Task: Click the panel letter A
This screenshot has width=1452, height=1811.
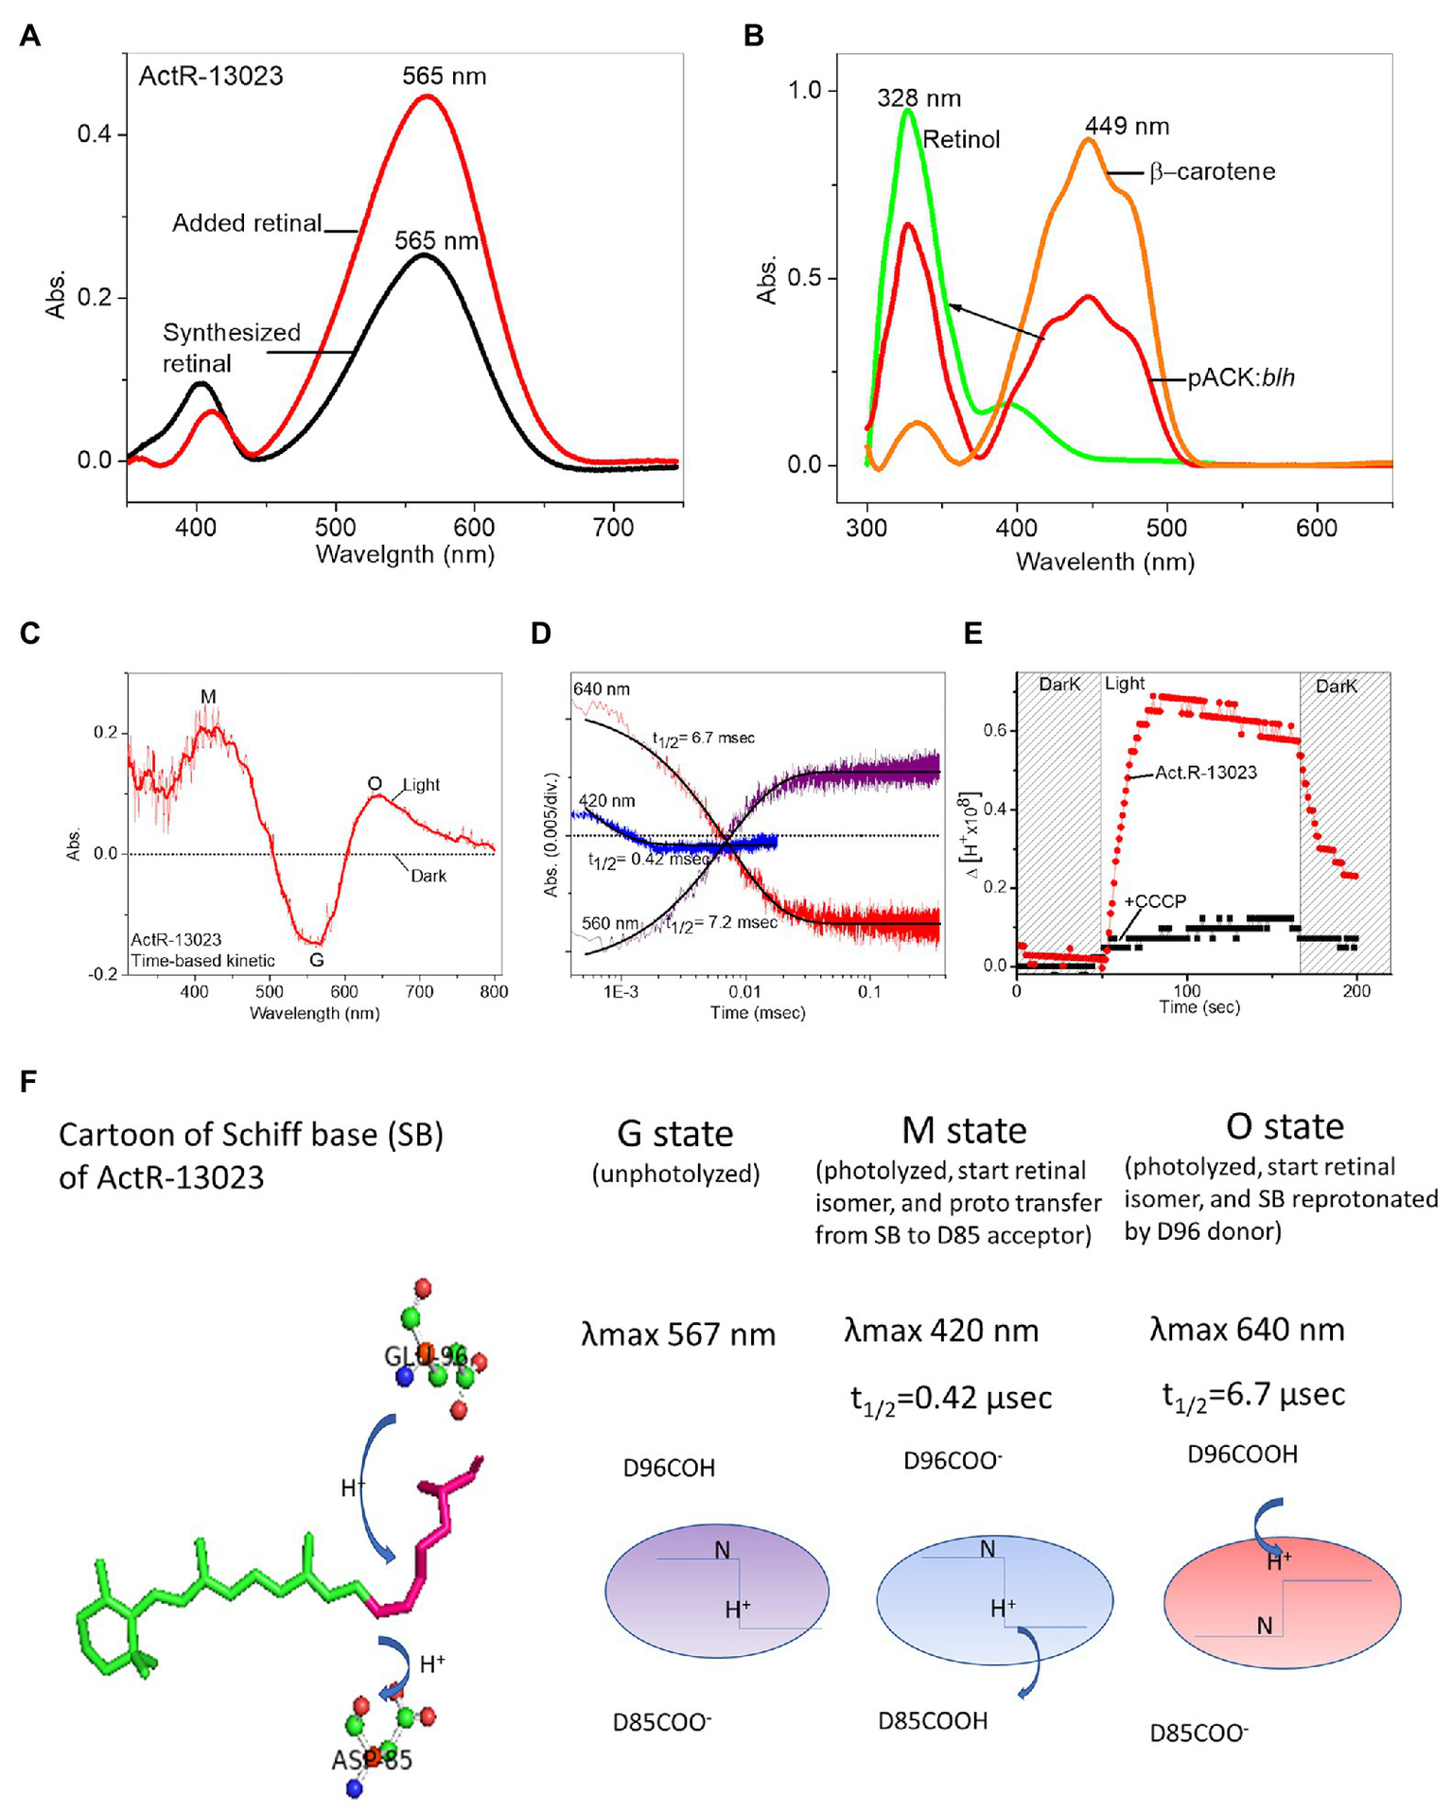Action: (x=30, y=36)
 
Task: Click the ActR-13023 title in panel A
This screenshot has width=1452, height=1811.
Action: (x=211, y=76)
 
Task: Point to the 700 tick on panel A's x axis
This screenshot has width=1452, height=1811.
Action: (x=613, y=527)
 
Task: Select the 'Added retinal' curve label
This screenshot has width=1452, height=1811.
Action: (x=247, y=223)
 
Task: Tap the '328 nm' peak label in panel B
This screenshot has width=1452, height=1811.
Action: (x=918, y=98)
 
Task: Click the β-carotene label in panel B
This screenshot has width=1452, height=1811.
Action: (x=1213, y=172)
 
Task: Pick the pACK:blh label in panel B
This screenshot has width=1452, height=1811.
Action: (x=1241, y=378)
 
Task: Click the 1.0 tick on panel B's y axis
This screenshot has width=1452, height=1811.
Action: (x=806, y=91)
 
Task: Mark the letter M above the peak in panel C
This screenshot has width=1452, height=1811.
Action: (x=208, y=697)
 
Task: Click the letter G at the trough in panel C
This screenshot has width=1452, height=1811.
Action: (x=317, y=960)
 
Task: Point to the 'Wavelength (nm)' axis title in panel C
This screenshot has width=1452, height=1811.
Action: (x=314, y=1014)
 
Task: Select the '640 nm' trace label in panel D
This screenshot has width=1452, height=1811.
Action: (x=602, y=689)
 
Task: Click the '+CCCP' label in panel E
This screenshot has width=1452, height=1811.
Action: (x=1154, y=901)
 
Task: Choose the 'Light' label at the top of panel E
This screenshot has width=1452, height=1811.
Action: (x=1125, y=684)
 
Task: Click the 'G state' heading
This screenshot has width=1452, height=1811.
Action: (x=674, y=1133)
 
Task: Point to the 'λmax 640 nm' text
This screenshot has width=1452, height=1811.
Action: (x=1247, y=1330)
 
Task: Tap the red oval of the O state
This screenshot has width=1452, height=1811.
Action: (x=1282, y=1604)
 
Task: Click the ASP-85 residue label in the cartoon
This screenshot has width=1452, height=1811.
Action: (x=372, y=1760)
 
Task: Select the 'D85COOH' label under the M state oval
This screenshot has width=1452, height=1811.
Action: (x=933, y=1720)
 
